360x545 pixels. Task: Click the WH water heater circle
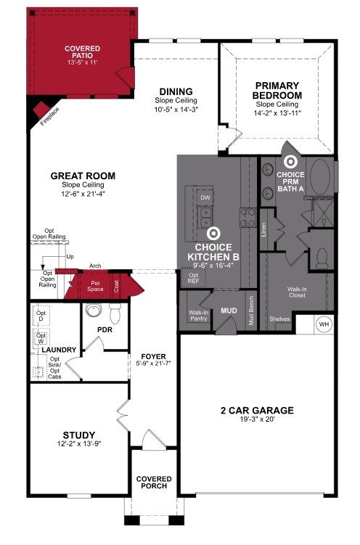pyautogui.click(x=324, y=324)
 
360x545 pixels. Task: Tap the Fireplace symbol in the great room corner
pyautogui.click(x=41, y=110)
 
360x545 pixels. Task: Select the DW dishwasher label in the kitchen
pyautogui.click(x=205, y=198)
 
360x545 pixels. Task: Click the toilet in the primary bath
pyautogui.click(x=322, y=258)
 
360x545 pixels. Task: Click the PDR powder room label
pyautogui.click(x=105, y=329)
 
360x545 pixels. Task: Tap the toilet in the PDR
pyautogui.click(x=115, y=314)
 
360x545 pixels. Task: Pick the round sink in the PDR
pyautogui.click(x=94, y=310)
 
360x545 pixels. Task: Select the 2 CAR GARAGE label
pyautogui.click(x=257, y=411)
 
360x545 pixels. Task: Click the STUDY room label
pyautogui.click(x=79, y=435)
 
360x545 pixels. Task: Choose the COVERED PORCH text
pyautogui.click(x=154, y=483)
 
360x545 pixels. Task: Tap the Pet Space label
pyautogui.click(x=95, y=287)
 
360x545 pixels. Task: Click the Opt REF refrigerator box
pyautogui.click(x=193, y=278)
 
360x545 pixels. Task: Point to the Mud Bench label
pyautogui.click(x=251, y=311)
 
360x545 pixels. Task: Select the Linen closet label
pyautogui.click(x=263, y=230)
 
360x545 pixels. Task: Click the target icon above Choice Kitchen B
pyautogui.click(x=213, y=234)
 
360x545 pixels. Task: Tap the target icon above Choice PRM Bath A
pyautogui.click(x=290, y=162)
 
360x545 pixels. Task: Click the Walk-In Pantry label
pyautogui.click(x=198, y=315)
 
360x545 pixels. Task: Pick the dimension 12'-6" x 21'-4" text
pyautogui.click(x=83, y=194)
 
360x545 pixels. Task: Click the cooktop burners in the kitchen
pyautogui.click(x=247, y=218)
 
